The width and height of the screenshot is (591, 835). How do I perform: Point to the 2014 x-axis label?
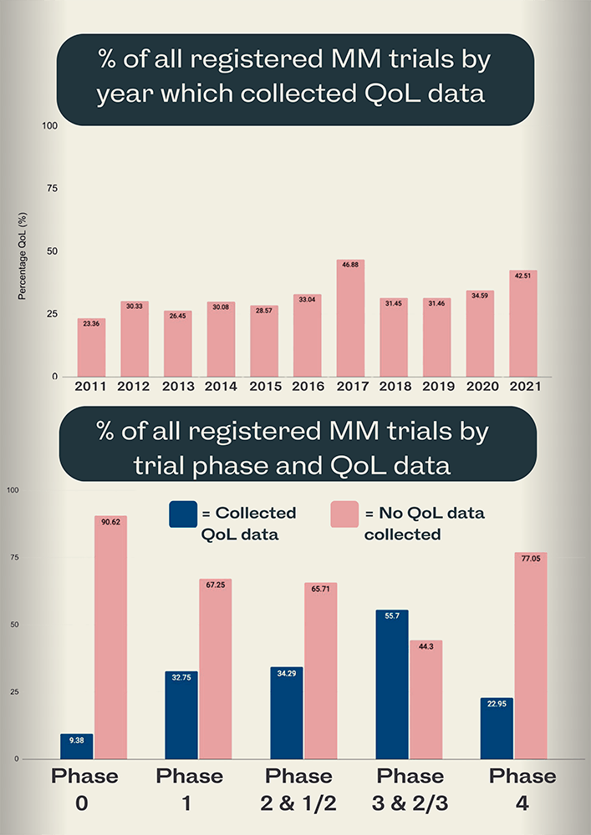(x=222, y=387)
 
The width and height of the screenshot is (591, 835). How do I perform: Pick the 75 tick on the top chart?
(x=52, y=189)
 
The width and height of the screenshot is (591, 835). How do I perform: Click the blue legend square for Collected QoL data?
(x=183, y=514)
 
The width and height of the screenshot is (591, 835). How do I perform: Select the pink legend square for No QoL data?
(x=346, y=514)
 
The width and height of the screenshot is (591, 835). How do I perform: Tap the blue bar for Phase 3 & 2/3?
(x=392, y=685)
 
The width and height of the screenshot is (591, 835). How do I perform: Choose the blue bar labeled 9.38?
(x=77, y=747)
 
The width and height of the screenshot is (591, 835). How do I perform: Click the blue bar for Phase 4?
(x=497, y=729)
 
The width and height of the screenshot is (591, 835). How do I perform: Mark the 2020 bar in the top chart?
(x=480, y=334)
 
